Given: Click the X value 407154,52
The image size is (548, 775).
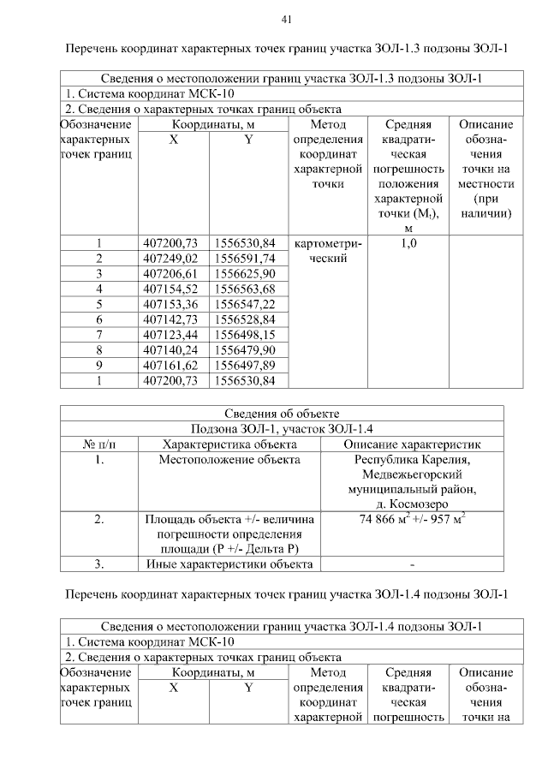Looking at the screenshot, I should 172,289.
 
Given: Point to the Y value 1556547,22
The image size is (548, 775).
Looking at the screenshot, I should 246,304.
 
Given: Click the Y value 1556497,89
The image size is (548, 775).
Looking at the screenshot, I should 246,365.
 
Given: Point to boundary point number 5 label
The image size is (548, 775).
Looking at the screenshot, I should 99,304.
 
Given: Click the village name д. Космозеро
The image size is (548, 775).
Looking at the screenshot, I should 412,504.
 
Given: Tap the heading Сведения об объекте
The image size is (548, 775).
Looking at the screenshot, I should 282,414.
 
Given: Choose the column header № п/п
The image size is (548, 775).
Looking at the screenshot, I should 99,444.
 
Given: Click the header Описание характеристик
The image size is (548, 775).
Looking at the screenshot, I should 412,444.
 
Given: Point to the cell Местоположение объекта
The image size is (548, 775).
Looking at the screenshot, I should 229,461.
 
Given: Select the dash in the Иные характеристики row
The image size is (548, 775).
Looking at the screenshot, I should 412,564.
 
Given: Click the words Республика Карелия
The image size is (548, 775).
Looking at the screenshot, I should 412,461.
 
